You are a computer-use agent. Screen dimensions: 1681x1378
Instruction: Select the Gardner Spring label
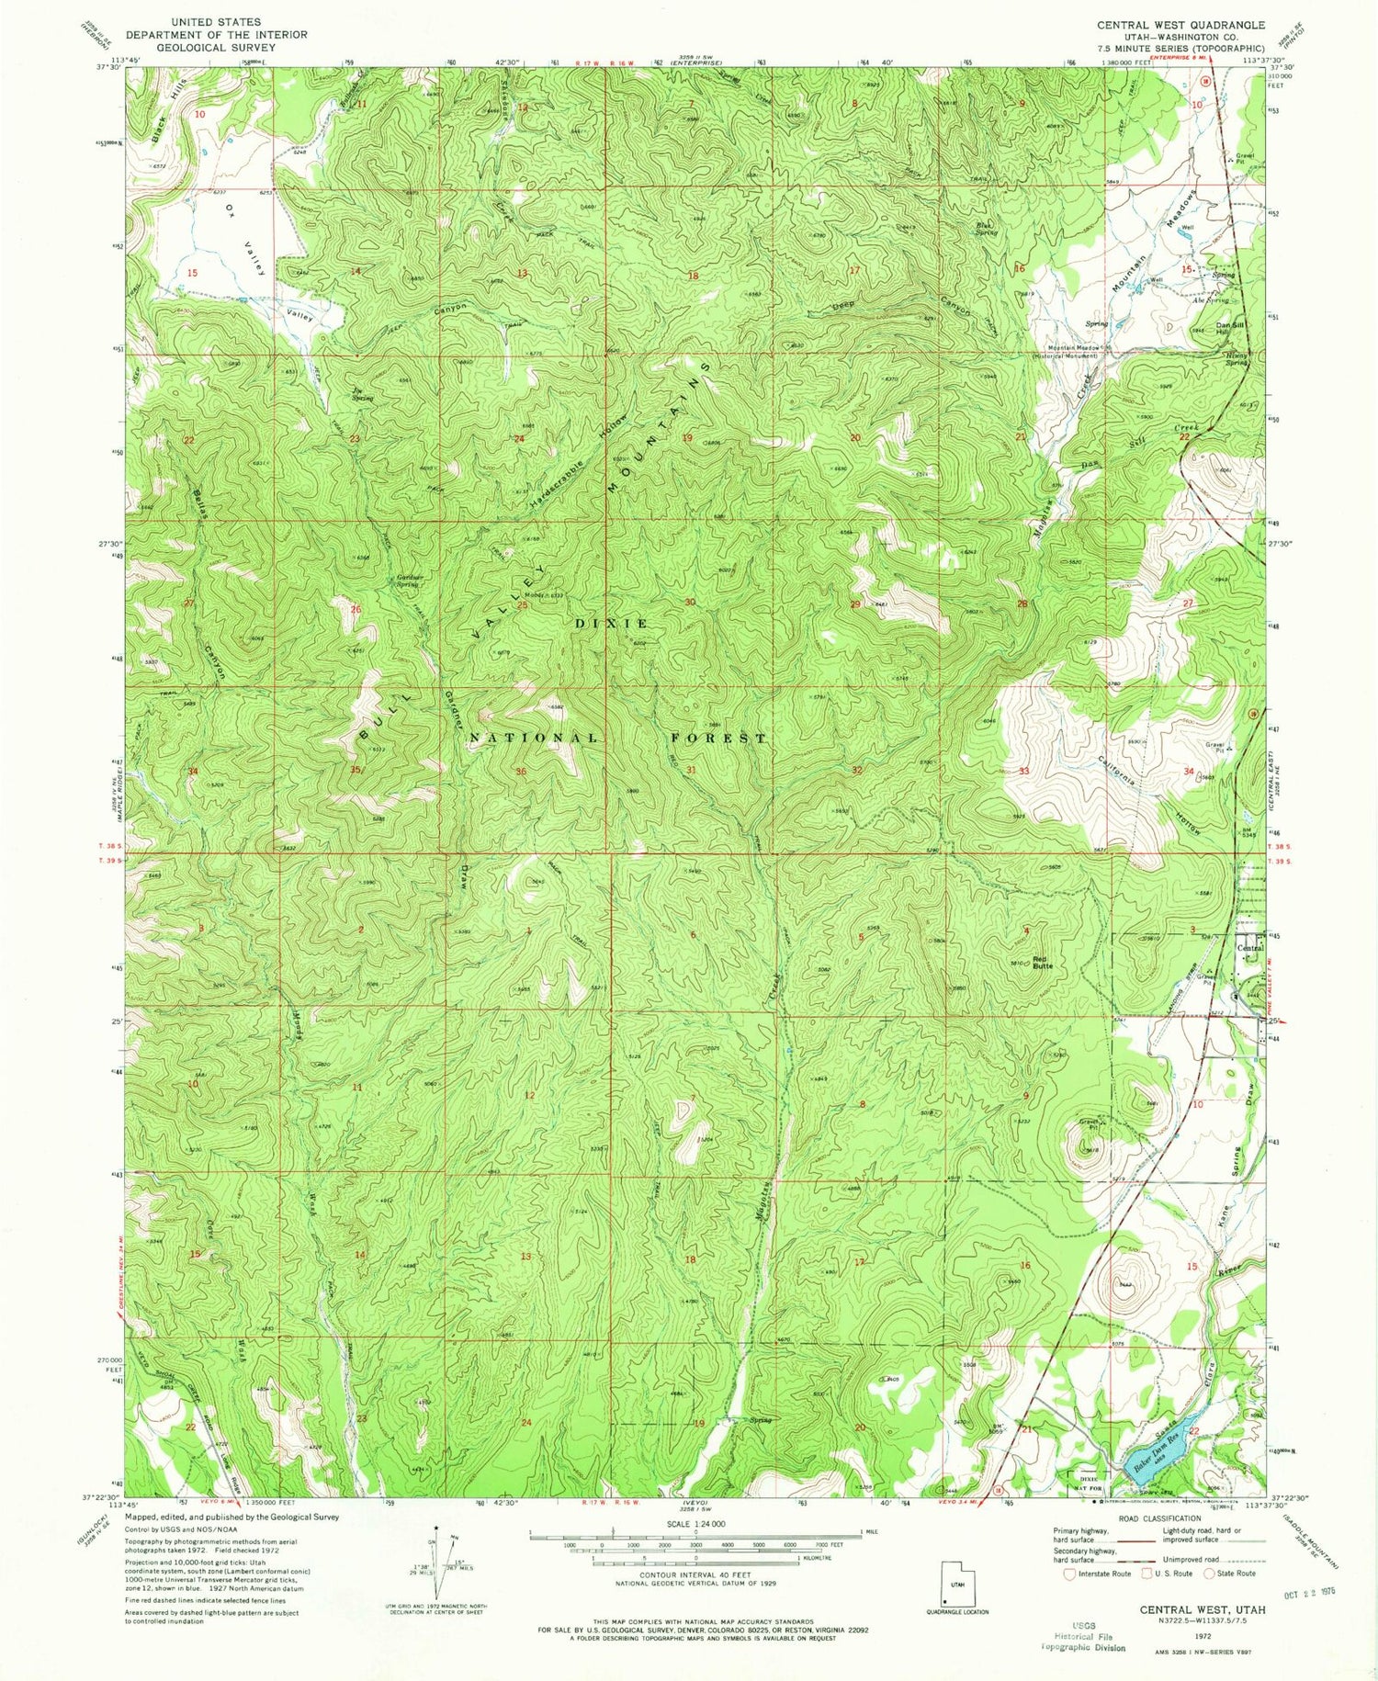point(407,580)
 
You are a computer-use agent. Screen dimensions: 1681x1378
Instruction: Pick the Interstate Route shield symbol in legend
point(1069,1573)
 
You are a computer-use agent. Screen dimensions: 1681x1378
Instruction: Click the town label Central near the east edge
point(1249,947)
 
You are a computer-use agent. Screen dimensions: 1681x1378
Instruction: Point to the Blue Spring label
point(987,228)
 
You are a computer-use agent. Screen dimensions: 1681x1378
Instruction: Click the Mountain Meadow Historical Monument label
point(1072,351)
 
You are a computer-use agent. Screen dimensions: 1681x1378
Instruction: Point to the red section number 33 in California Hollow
point(1023,771)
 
